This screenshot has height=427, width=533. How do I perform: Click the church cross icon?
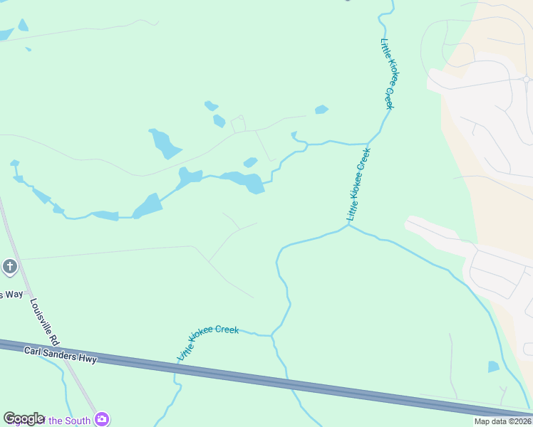pyautogui.click(x=9, y=267)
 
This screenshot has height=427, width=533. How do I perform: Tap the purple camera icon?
pyautogui.click(x=103, y=419)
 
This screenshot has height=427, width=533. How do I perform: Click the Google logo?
pyautogui.click(x=24, y=418)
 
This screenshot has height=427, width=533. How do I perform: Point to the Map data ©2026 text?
pyautogui.click(x=502, y=421)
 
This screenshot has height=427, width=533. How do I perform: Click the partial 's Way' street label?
pyautogui.click(x=11, y=294)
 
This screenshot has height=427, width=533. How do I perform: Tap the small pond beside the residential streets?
pyautogui.click(x=493, y=367)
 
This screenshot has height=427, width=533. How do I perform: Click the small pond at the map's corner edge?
pyautogui.click(x=6, y=33)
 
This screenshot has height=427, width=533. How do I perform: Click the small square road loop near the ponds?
pyautogui.click(x=238, y=125)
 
